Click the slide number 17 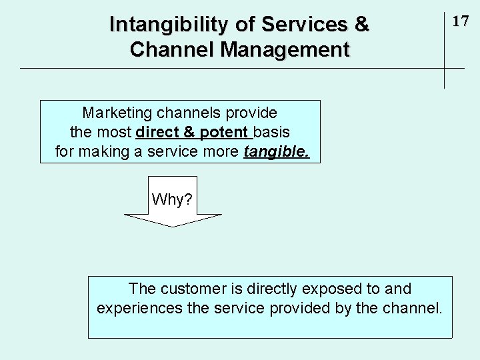coord(461,21)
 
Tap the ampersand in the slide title coord(362,25)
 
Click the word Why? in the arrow coord(172,199)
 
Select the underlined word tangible coord(277,152)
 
